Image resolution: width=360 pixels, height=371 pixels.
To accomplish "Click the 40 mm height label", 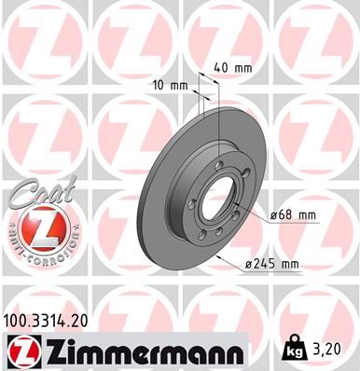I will coord(233,67).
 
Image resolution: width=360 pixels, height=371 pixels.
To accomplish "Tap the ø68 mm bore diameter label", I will coord(292,216).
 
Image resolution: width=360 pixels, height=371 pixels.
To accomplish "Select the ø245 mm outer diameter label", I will coord(272,265).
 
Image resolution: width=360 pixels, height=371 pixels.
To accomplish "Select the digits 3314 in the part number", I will coord(50,318).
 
